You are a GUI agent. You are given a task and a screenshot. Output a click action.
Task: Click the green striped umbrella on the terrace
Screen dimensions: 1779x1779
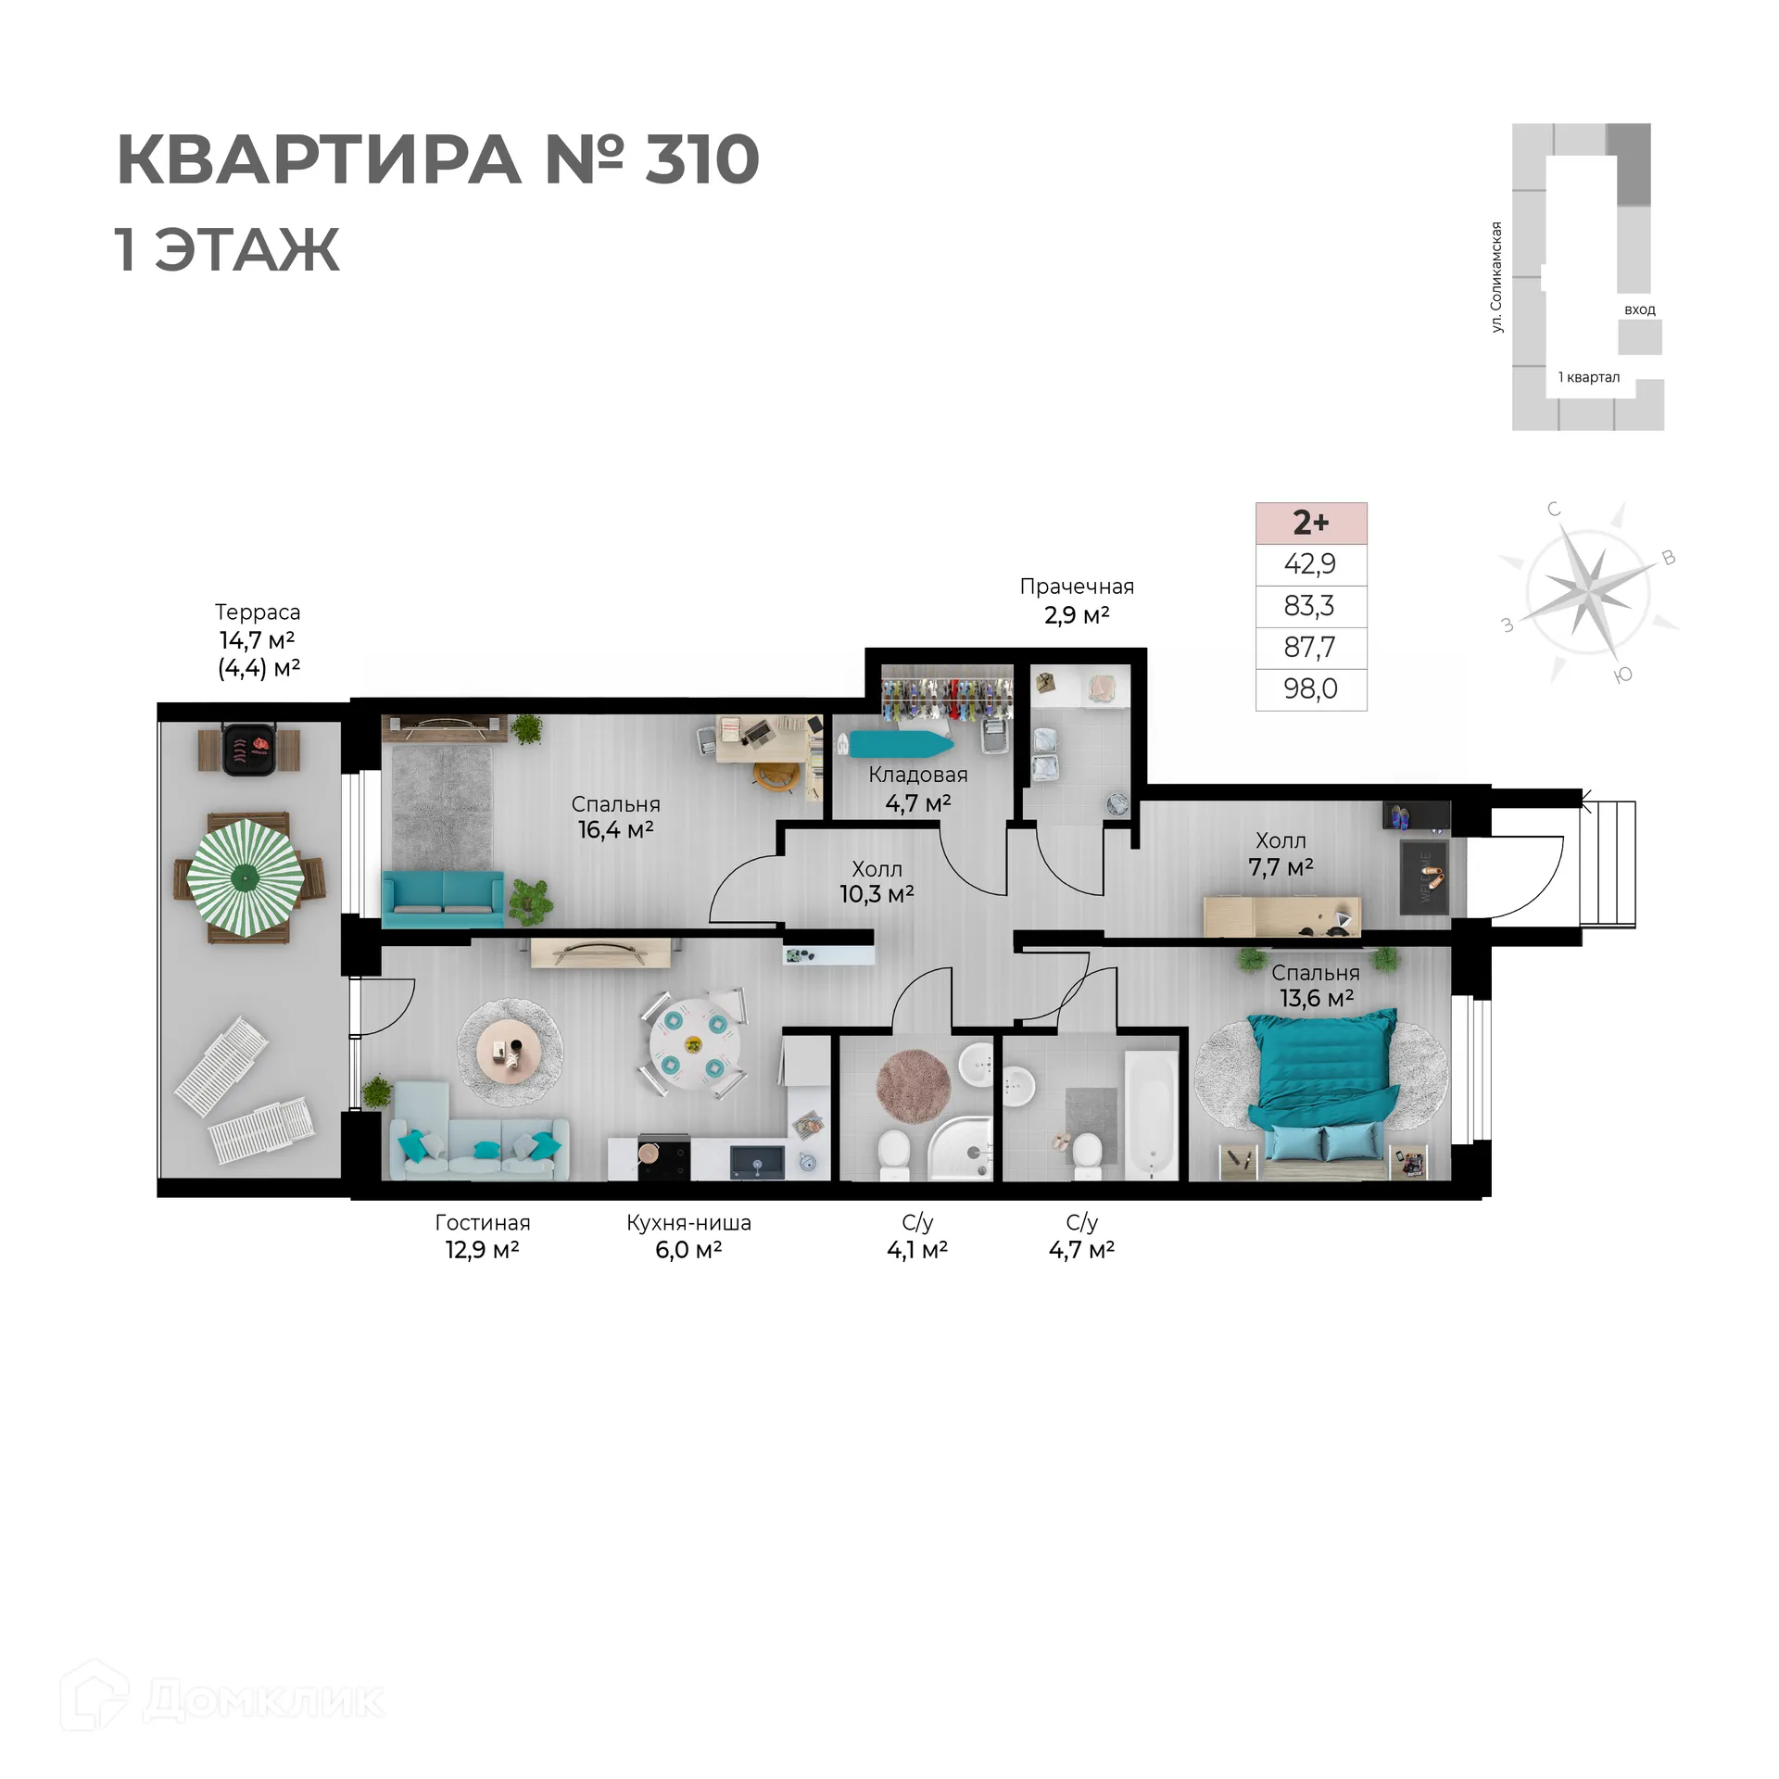246,876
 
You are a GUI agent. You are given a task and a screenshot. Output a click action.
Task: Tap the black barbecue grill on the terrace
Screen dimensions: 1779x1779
249,749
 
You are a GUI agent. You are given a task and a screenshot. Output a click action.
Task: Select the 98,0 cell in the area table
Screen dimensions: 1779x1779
1310,689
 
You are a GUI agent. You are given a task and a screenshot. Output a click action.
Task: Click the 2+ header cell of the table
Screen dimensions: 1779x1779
1310,523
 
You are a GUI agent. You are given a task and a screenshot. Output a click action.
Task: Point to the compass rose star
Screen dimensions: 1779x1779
1588,589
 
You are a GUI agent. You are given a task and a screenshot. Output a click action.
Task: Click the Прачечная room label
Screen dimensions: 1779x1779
1077,587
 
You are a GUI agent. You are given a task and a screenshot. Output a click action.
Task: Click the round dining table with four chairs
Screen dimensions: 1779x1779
693,1045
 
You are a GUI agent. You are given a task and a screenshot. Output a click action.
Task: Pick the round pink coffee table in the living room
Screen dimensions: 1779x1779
510,1052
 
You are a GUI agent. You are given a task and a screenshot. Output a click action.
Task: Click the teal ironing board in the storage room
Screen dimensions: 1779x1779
895,744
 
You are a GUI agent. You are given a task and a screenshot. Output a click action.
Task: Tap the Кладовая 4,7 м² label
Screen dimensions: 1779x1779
917,789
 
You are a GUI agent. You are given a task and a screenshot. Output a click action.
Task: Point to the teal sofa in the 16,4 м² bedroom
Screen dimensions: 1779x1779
443,898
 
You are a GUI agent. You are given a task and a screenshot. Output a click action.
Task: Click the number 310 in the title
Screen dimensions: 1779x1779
701,159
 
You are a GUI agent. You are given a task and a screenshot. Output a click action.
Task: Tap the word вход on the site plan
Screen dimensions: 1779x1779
1639,309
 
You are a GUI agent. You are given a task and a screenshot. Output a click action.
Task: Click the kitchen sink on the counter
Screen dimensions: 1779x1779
757,1161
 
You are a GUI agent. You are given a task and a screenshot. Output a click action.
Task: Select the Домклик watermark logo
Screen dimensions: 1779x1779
222,1700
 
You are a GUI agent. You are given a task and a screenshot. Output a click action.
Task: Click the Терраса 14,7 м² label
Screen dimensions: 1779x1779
258,626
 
